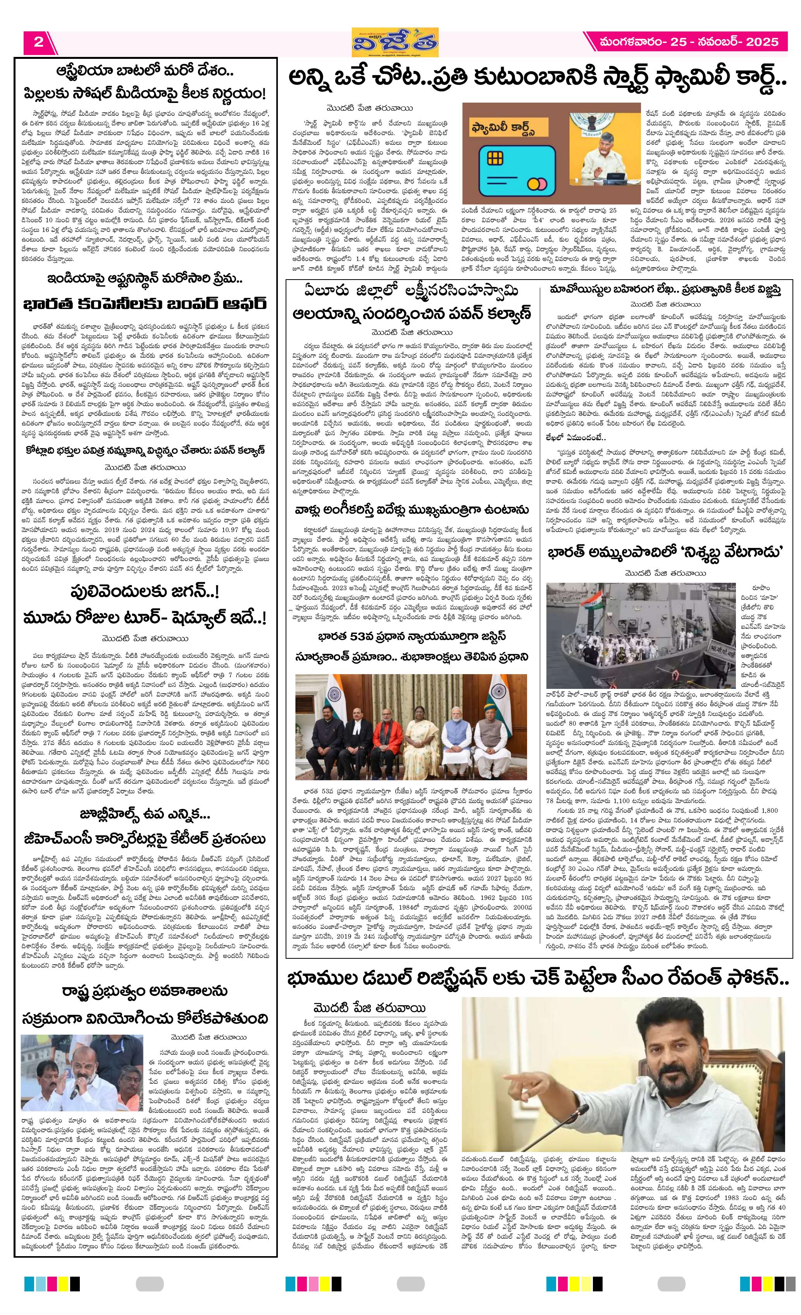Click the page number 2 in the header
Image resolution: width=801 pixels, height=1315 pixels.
38,42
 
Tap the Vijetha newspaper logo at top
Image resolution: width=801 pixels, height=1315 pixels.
394,42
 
